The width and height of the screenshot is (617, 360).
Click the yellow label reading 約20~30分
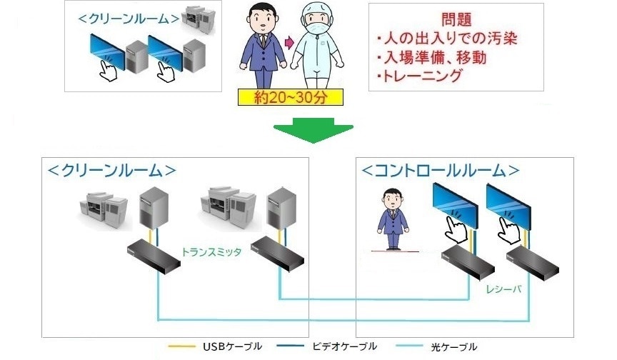click(291, 98)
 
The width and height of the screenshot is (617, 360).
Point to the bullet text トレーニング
click(420, 76)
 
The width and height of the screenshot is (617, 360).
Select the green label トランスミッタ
click(212, 251)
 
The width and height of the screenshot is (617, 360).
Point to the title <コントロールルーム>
click(440, 171)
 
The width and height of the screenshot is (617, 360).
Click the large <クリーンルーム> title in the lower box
click(111, 171)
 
